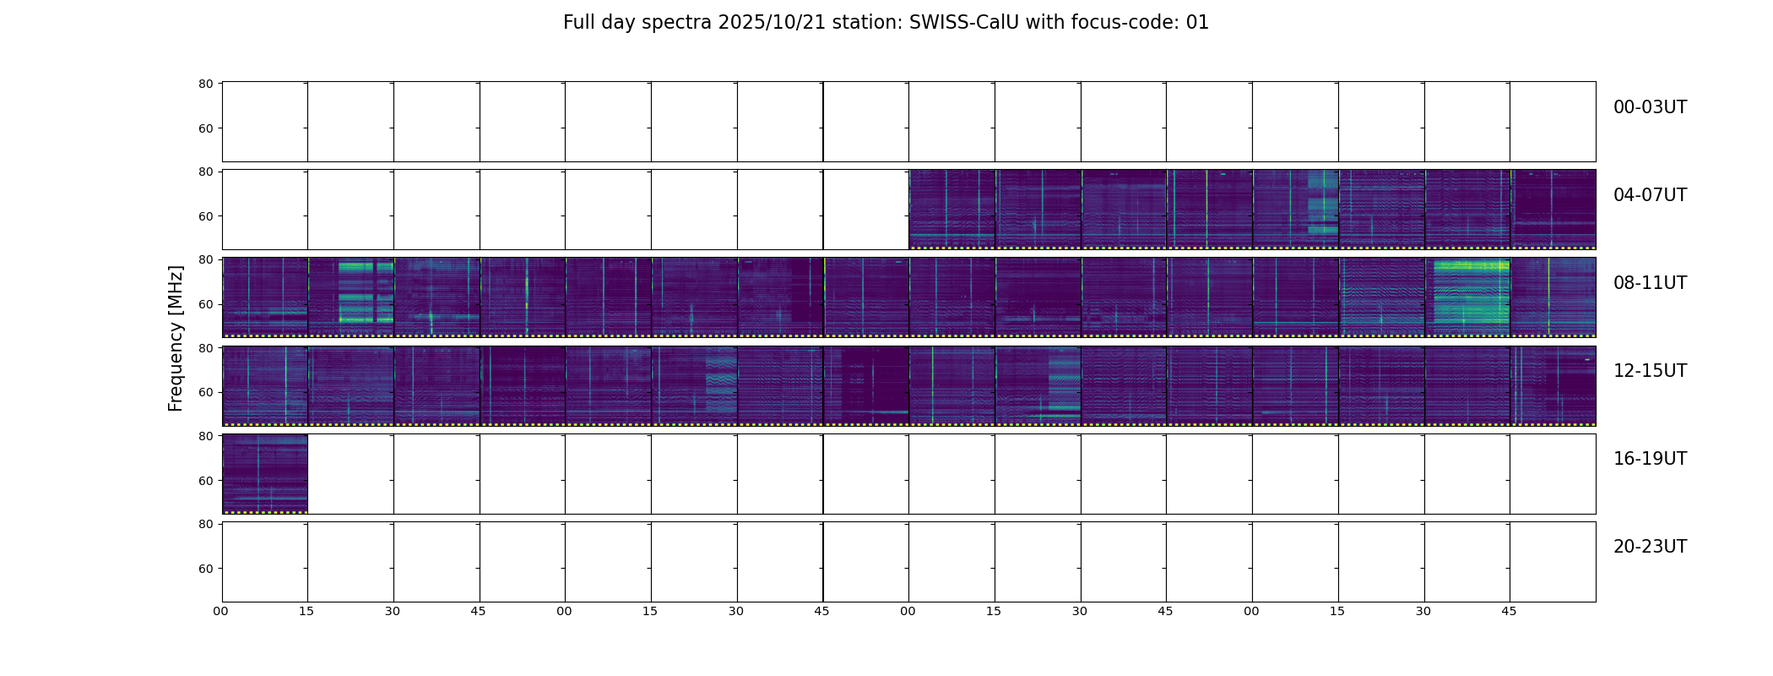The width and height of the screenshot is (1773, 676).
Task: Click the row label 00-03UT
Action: [x=1650, y=107]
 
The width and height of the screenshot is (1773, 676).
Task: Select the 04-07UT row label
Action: [x=1650, y=195]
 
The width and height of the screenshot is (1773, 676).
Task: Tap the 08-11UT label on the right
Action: [x=1650, y=283]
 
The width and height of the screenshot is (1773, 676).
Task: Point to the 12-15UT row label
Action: [x=1650, y=371]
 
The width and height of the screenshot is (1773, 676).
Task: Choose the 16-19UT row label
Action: [x=1650, y=459]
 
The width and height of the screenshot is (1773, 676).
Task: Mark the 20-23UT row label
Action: [x=1650, y=547]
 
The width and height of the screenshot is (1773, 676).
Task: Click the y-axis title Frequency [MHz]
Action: [x=176, y=338]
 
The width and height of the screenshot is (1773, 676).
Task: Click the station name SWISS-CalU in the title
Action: [x=965, y=23]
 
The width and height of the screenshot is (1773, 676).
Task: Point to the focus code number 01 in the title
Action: [x=1198, y=23]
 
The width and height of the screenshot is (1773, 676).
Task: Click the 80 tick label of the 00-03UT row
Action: [x=206, y=84]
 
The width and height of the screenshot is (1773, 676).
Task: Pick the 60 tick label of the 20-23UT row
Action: [x=206, y=569]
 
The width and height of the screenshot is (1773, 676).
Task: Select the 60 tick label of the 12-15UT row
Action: [x=206, y=392]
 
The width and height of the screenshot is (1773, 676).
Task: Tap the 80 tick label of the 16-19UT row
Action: [x=206, y=436]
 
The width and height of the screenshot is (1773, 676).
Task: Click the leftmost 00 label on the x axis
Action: [x=221, y=611]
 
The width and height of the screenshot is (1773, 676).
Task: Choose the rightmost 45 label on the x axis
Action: [x=1509, y=611]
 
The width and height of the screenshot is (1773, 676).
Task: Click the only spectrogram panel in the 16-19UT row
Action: [x=265, y=474]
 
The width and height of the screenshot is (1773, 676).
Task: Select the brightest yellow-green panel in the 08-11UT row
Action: [x=1467, y=297]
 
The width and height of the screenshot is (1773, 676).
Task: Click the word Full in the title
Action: [x=577, y=23]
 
